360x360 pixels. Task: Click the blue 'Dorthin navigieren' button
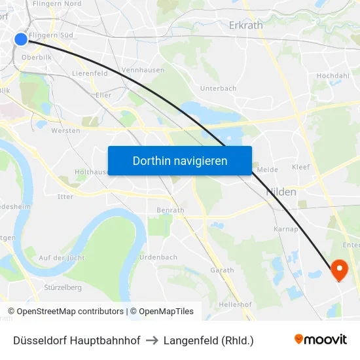179,160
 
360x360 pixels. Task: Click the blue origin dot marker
21,39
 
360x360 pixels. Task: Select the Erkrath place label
245,25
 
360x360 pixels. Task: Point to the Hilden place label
281,192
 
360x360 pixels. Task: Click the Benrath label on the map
170,210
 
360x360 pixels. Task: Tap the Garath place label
222,270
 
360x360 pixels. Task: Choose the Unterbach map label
218,88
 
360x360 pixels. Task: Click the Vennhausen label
143,69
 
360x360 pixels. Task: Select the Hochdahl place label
333,76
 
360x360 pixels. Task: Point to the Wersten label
65,130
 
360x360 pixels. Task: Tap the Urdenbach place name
158,257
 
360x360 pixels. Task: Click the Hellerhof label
236,304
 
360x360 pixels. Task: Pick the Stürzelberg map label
62,287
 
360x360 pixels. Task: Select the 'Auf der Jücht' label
62,258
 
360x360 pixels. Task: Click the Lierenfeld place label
90,74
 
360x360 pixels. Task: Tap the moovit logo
321,340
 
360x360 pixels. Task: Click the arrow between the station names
152,340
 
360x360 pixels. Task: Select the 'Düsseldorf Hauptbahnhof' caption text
77,340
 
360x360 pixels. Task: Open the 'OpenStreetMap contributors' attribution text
70,312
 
